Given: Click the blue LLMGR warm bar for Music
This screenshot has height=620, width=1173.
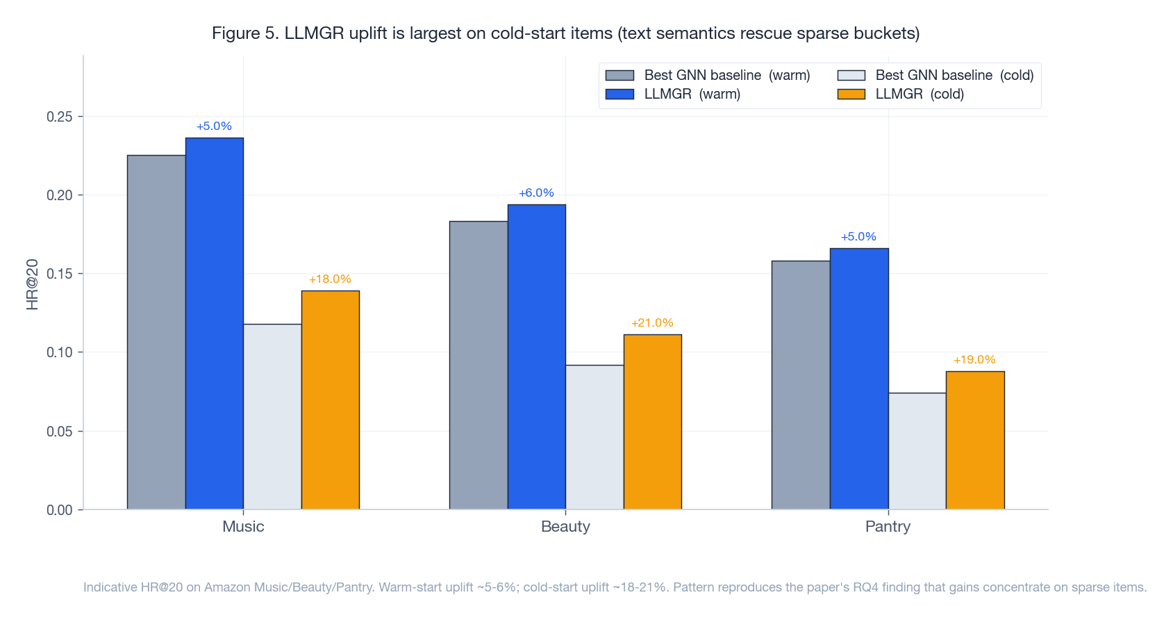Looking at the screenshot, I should pos(214,323).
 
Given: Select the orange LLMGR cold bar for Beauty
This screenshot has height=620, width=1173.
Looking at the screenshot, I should pos(652,422).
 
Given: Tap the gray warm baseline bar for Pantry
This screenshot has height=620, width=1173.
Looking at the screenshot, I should pos(800,384).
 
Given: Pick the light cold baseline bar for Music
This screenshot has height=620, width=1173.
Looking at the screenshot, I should pos(272,416).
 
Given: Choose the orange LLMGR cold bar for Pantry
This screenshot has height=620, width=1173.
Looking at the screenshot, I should pos(974,440).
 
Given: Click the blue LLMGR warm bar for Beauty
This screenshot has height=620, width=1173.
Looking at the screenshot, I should pos(536,357).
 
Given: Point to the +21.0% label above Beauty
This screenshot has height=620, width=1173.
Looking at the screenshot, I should pos(652,323).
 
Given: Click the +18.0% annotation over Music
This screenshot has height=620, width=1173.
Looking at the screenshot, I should pos(330,279).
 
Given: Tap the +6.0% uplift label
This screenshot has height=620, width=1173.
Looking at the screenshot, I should pos(536,193).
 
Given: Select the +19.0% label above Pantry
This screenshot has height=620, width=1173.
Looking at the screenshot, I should pos(974,360).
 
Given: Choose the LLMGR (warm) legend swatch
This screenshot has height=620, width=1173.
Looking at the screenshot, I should pos(619,94).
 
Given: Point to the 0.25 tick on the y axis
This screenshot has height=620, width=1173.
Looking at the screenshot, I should pos(60,117).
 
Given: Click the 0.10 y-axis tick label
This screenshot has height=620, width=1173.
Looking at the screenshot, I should pos(60,352).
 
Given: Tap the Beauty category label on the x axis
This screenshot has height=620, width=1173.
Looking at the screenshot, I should pos(565,527).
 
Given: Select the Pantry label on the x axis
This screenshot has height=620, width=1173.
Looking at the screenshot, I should pos(888,527).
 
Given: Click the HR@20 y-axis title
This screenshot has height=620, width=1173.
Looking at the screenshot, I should pos(32,284).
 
